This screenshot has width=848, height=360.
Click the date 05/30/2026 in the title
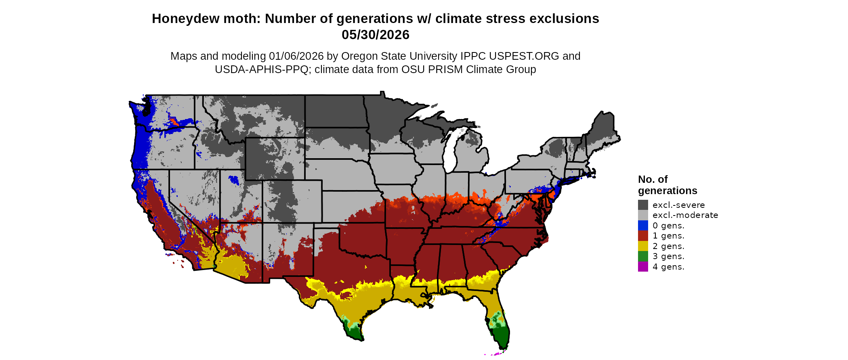pyautogui.click(x=375, y=35)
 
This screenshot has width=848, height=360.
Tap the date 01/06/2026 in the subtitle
pyautogui.click(x=296, y=56)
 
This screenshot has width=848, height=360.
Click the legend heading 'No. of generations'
pyautogui.click(x=667, y=185)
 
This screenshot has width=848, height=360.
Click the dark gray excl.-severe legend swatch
pyautogui.click(x=643, y=205)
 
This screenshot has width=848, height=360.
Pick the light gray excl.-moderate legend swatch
pyautogui.click(x=643, y=215)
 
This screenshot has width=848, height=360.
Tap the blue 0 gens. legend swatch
pyautogui.click(x=643, y=225)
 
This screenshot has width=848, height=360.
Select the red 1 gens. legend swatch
pyautogui.click(x=643, y=236)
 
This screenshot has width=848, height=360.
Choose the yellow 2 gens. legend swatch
pyautogui.click(x=643, y=246)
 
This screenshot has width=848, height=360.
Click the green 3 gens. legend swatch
pyautogui.click(x=643, y=256)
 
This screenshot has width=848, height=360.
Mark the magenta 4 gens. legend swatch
pyautogui.click(x=643, y=266)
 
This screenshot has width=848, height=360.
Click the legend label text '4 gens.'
pyautogui.click(x=668, y=267)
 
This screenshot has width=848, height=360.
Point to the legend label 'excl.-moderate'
pyautogui.click(x=685, y=215)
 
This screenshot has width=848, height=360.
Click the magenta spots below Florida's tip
pyautogui.click(x=497, y=354)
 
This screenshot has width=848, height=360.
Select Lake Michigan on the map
pyautogui.click(x=451, y=151)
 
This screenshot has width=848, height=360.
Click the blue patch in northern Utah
pyautogui.click(x=233, y=179)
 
